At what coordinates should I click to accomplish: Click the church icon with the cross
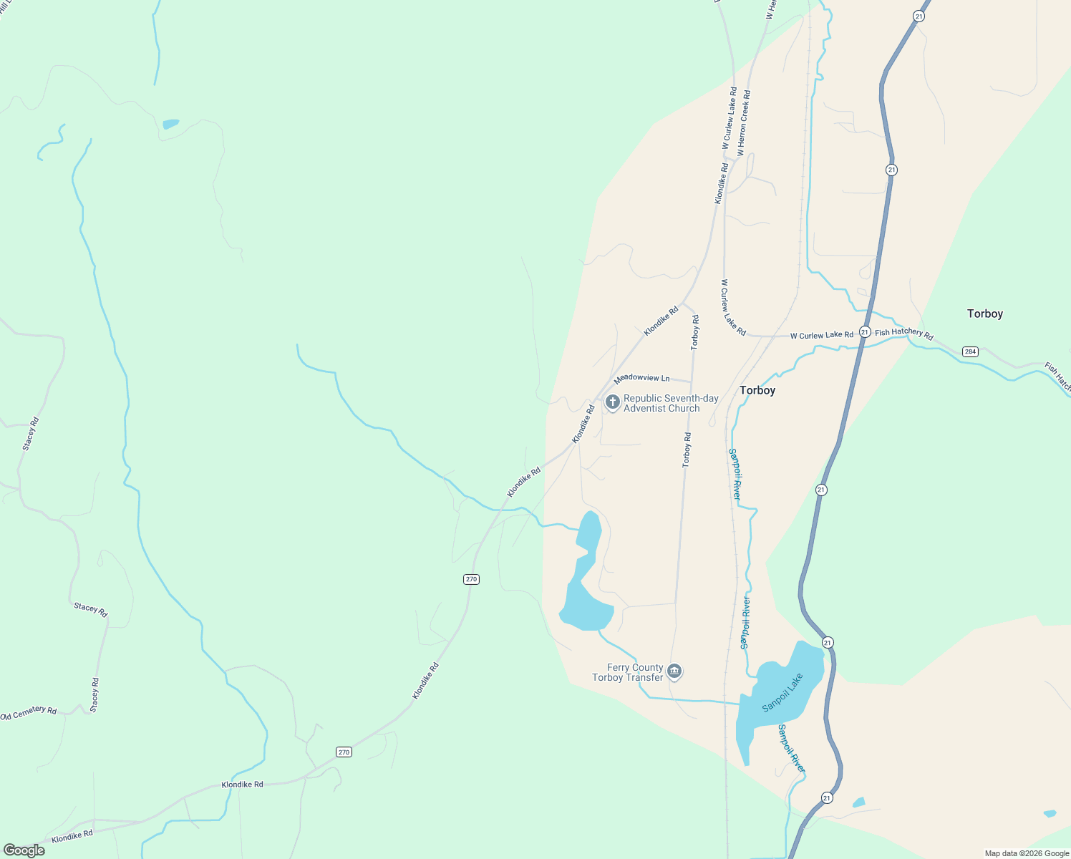(x=612, y=402)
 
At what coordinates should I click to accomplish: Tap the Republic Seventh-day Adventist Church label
(x=671, y=404)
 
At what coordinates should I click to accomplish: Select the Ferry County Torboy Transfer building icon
(x=674, y=671)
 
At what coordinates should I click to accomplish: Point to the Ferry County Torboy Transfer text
(x=628, y=673)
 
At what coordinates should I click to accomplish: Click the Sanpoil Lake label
(x=782, y=692)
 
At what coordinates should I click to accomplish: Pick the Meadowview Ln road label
(x=641, y=378)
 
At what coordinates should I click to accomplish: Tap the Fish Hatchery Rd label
(x=903, y=333)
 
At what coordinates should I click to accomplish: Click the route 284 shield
(x=970, y=351)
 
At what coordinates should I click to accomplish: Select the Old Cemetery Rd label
(x=28, y=713)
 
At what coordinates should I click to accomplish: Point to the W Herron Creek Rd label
(x=744, y=122)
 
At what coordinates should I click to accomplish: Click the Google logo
(x=24, y=850)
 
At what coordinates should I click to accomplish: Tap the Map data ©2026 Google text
(x=1026, y=853)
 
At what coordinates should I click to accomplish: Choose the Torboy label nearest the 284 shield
(x=984, y=314)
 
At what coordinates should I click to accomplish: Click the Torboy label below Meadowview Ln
(x=757, y=390)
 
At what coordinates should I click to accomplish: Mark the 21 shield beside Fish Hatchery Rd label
(x=865, y=332)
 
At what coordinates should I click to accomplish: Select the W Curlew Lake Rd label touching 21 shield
(x=822, y=335)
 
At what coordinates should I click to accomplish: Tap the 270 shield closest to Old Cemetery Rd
(x=344, y=752)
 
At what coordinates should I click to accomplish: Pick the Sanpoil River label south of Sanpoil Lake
(x=791, y=749)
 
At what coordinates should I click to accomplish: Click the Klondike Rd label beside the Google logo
(x=72, y=835)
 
